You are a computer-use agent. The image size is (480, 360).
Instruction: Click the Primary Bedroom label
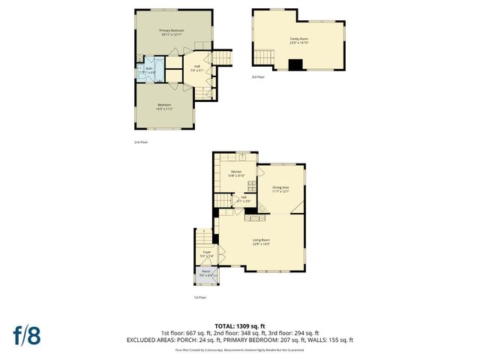(172, 32)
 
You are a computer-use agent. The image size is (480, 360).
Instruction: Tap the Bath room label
(149, 70)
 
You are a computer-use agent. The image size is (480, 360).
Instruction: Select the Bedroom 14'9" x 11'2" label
(164, 106)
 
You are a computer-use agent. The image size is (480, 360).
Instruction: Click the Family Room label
(299, 40)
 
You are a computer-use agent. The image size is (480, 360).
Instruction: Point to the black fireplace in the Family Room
(298, 65)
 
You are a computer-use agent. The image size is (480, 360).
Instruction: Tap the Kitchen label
(237, 173)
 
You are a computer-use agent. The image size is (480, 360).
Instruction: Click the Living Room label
(261, 241)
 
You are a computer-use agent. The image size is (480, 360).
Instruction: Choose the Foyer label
(206, 254)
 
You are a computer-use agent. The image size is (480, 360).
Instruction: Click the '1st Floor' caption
(199, 298)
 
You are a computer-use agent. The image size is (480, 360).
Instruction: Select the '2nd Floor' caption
(140, 142)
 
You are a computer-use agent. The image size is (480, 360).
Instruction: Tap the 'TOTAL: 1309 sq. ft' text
(239, 326)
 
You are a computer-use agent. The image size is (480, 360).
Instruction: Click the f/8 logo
(26, 334)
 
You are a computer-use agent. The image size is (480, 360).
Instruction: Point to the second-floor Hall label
(196, 67)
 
